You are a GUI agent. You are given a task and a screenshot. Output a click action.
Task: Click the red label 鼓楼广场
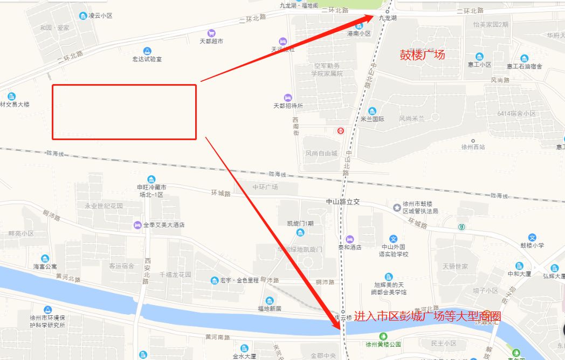422,54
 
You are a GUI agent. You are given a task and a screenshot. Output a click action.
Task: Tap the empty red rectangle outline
124,112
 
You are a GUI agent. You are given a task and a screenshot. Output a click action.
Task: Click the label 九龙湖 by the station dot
388,18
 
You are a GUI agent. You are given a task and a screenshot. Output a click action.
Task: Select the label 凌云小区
100,16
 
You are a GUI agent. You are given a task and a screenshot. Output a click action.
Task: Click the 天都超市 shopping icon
211,32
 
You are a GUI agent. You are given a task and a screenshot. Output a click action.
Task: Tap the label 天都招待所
288,106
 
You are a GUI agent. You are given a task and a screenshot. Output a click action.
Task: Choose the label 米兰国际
373,119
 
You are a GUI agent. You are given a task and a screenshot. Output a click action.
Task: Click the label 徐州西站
473,147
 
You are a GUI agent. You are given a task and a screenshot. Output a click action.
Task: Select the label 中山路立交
342,202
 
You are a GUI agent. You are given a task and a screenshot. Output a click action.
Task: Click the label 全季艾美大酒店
164,225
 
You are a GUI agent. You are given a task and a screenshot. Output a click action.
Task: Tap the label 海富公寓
45,266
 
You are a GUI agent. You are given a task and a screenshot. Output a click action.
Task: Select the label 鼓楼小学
532,245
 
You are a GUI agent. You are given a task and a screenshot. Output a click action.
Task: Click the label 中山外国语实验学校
394,251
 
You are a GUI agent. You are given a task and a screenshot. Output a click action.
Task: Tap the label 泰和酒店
350,247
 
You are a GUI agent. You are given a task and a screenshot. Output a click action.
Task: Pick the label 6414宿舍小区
516,114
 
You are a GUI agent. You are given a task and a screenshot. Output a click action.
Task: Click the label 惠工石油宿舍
525,66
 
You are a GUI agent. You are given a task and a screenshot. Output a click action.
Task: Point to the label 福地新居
270,308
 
